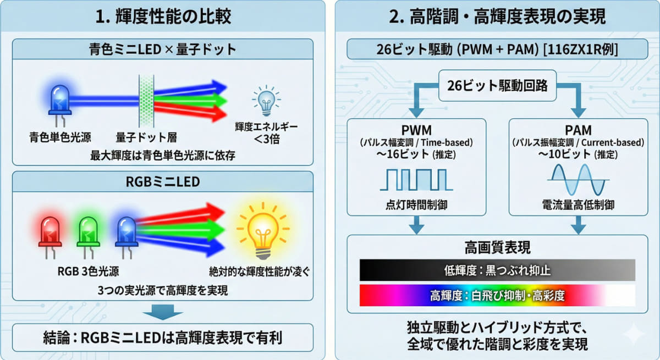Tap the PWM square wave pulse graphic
(416, 179)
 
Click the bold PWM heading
(416, 130)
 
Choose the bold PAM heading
(577, 130)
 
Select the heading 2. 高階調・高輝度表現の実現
(497, 17)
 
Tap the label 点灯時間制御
(416, 205)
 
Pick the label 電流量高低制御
(577, 205)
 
